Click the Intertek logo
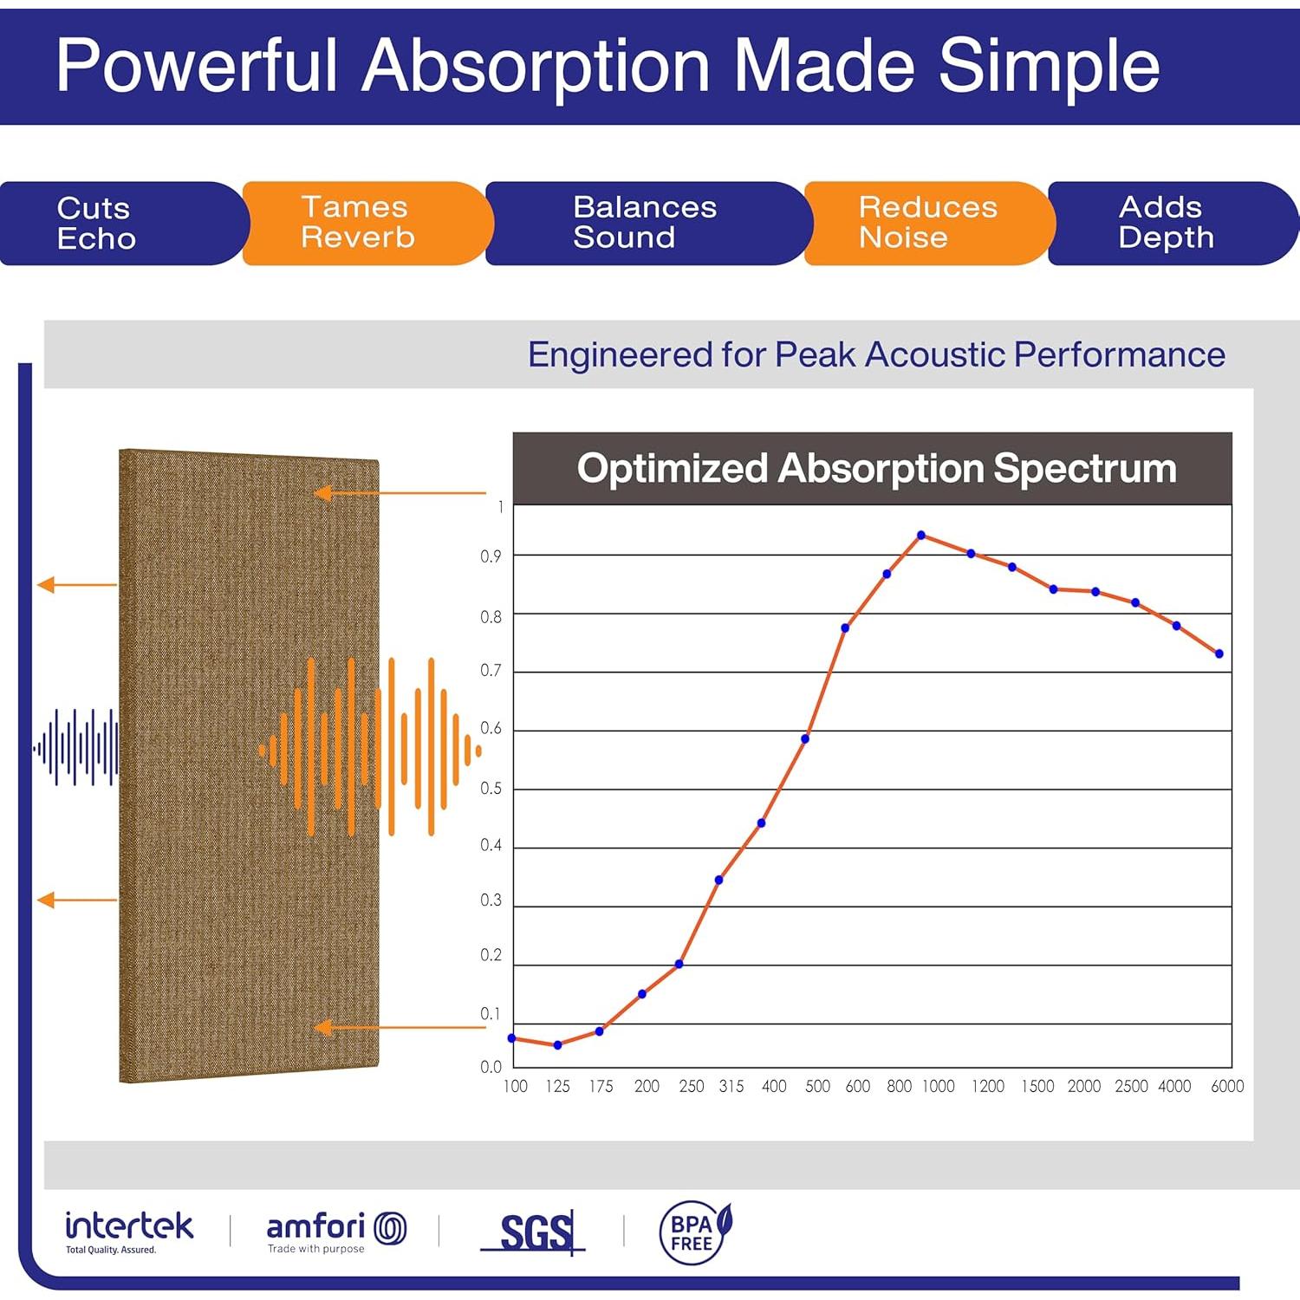tap(129, 1231)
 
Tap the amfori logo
tap(335, 1231)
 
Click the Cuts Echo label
tap(96, 224)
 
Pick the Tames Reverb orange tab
tap(358, 223)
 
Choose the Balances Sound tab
tap(645, 223)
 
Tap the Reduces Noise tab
tap(927, 223)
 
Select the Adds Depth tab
tap(1165, 223)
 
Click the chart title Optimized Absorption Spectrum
tap(876, 469)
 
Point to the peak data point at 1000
tap(921, 536)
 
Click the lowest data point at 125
tap(557, 1045)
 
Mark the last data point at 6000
tap(1219, 654)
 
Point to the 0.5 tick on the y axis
tap(491, 789)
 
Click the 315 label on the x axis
tap(731, 1087)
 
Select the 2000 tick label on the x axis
tap(1083, 1087)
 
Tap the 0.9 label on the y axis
tap(491, 556)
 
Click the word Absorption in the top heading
tap(536, 66)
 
